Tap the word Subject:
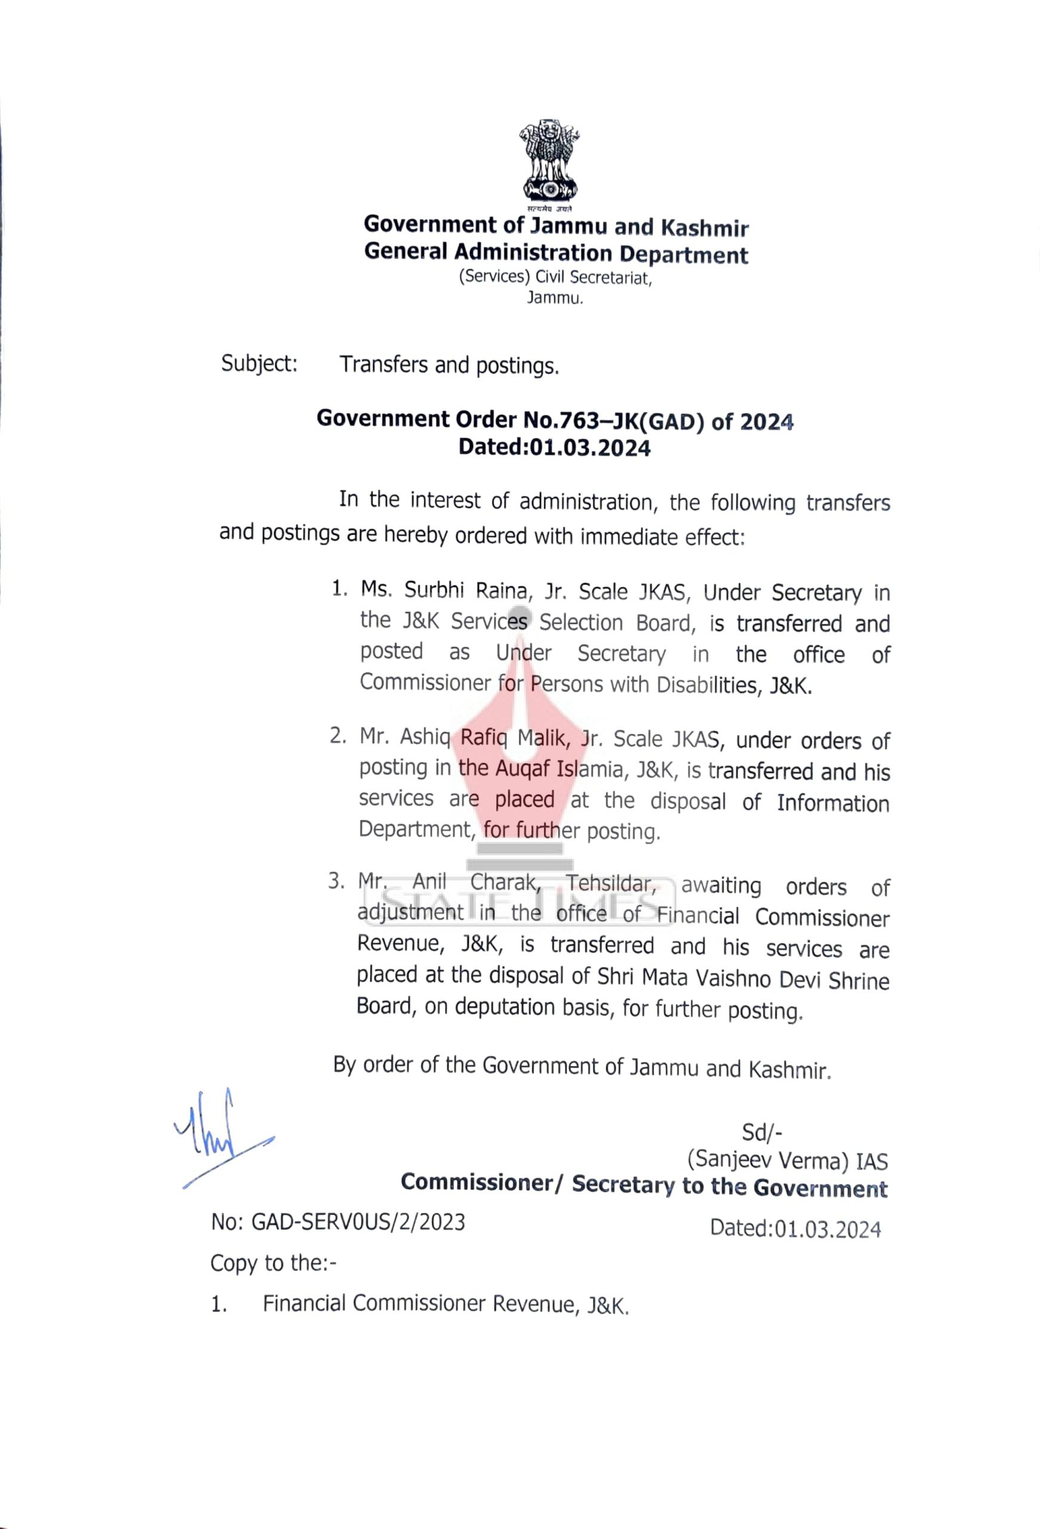tap(259, 363)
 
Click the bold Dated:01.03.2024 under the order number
tap(554, 448)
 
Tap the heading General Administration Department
tap(556, 253)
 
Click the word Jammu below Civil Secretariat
tap(555, 298)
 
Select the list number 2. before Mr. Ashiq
tap(337, 736)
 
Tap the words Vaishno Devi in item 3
tap(721, 979)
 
